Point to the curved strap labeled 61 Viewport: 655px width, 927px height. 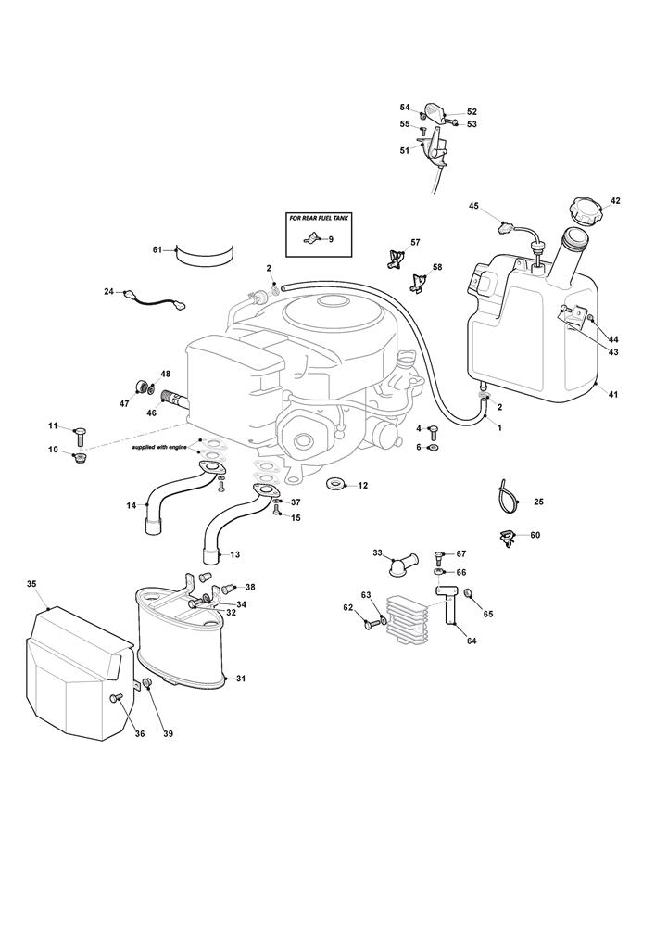pos(205,253)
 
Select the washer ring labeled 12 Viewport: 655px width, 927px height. pos(335,485)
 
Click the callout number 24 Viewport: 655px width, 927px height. pos(108,292)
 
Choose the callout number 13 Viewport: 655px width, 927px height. pos(234,554)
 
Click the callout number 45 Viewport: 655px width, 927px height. pos(472,205)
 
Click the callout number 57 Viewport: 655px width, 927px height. pos(415,242)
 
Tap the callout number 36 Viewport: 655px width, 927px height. pos(140,733)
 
